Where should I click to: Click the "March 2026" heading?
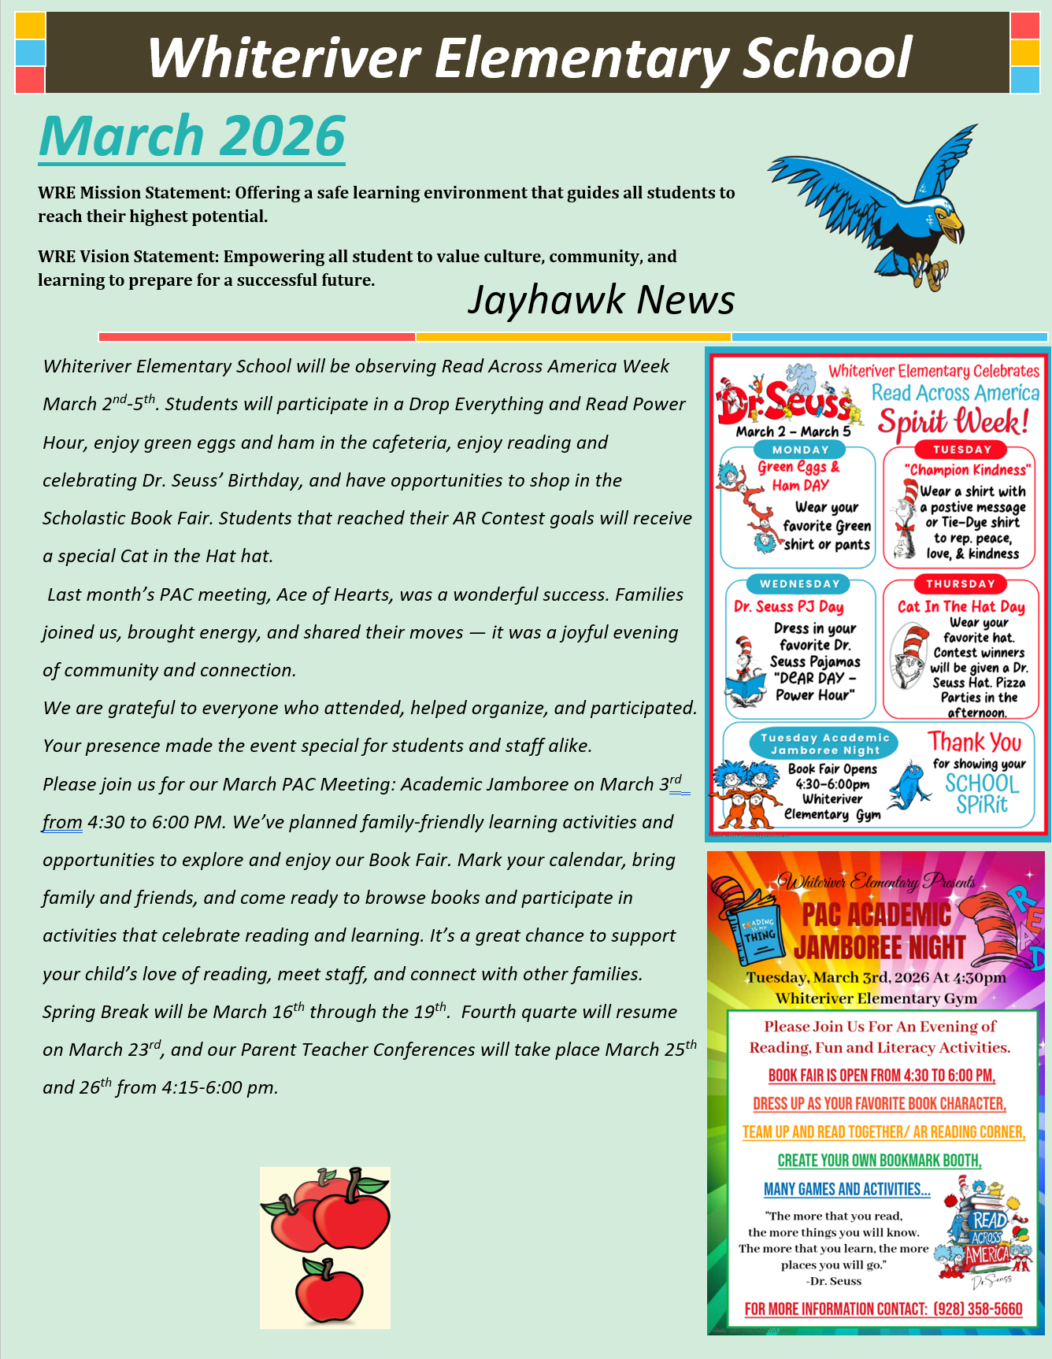[192, 137]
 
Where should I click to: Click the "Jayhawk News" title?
[601, 300]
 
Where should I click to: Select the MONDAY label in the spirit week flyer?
[800, 450]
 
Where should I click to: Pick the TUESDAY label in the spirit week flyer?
[961, 450]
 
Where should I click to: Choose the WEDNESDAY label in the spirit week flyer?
[800, 583]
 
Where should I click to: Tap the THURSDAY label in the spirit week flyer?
[960, 583]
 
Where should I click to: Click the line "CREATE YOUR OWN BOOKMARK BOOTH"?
[879, 1161]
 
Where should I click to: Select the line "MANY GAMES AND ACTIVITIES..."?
[846, 1189]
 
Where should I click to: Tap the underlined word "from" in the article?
[62, 822]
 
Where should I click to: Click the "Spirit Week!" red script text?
[954, 423]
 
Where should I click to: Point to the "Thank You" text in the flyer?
[974, 742]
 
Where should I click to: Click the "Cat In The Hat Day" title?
[961, 606]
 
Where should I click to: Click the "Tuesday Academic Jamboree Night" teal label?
[824, 744]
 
